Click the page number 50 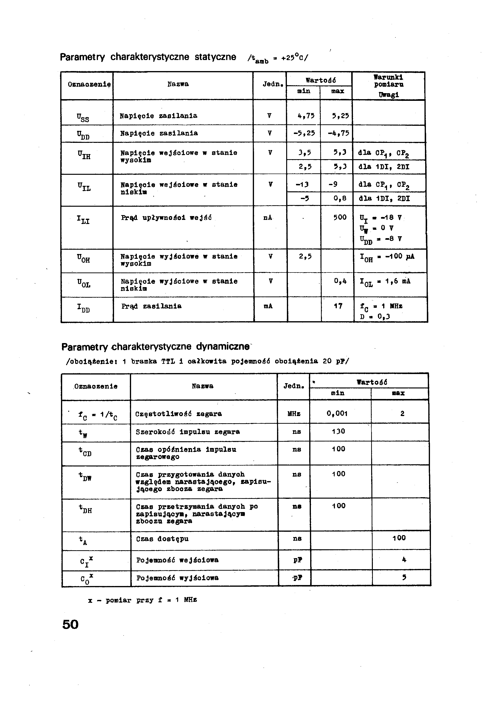[70, 624]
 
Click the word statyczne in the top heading [215, 57]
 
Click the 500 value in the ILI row [340, 218]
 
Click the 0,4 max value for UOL [340, 281]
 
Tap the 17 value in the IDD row [338, 306]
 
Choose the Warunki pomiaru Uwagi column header [388, 86]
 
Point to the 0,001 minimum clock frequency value [337, 414]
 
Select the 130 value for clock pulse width [339, 431]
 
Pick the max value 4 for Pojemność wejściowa [404, 560]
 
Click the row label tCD [85, 452]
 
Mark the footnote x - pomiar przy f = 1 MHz [142, 600]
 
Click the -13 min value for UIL [302, 184]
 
